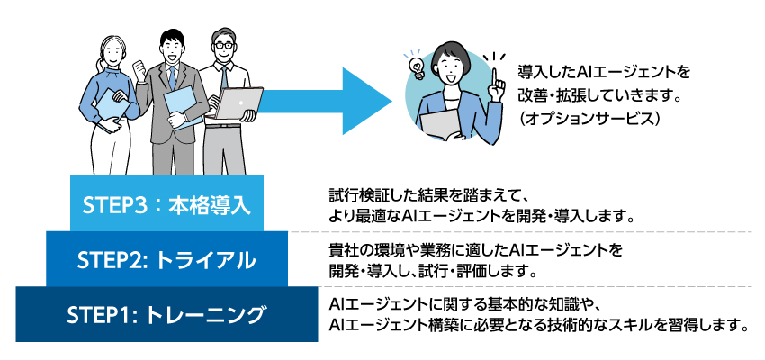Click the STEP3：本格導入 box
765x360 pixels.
pos(166,203)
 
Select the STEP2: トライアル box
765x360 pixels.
pos(166,260)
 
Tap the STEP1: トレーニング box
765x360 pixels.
pos(166,315)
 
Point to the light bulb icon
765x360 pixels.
pos(418,65)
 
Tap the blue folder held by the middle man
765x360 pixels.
pos(184,105)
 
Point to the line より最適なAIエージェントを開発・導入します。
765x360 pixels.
pos(483,216)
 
